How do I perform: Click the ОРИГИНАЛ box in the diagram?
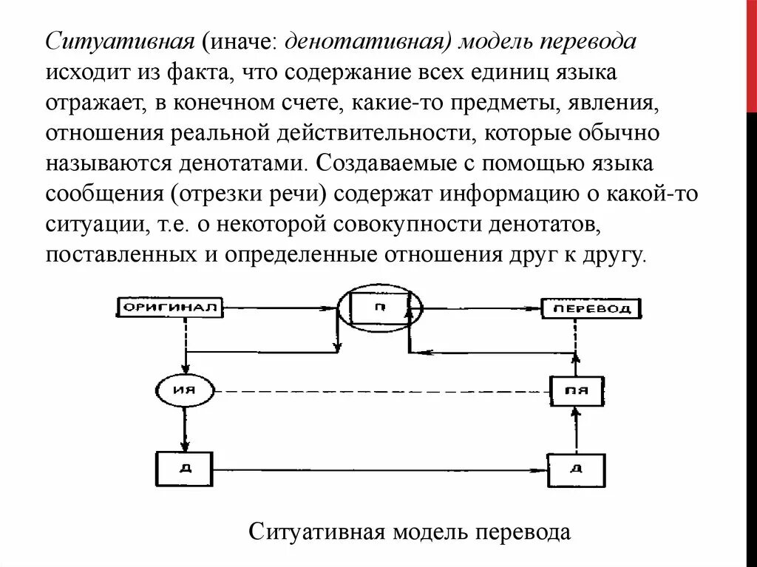(170, 308)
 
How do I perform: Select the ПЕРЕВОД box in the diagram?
(591, 308)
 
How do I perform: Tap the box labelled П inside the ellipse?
(377, 307)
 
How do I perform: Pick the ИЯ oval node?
(183, 390)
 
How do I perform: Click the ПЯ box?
(577, 390)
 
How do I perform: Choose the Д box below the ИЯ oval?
(183, 469)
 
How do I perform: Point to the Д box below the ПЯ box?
(576, 470)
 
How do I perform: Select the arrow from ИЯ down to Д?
(183, 428)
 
